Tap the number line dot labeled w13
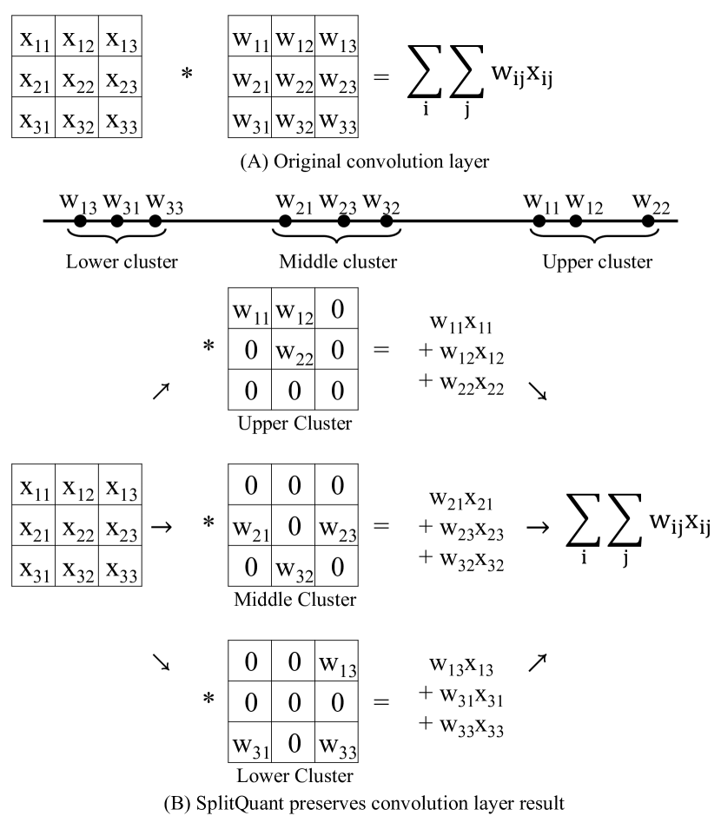coord(79,221)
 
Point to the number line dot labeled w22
coord(647,221)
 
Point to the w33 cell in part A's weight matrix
coord(336,122)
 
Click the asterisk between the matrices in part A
coord(186,77)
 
